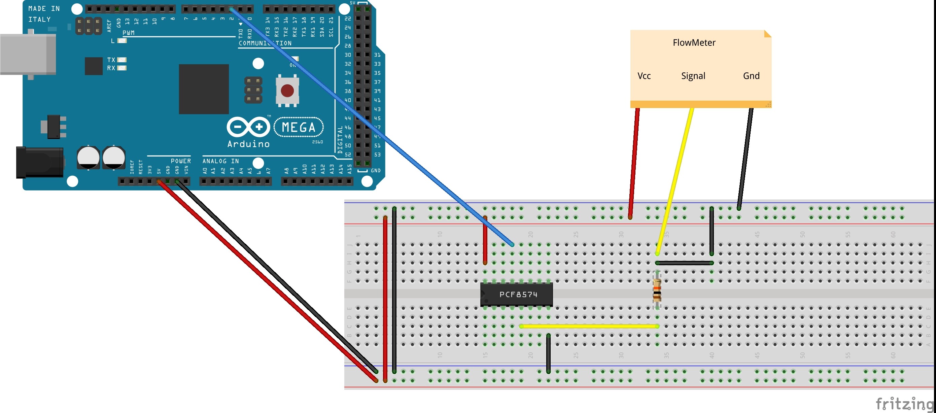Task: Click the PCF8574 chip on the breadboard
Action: click(x=516, y=294)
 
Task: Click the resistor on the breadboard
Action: click(x=657, y=290)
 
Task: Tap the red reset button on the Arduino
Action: click(x=287, y=91)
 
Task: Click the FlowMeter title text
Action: click(x=694, y=43)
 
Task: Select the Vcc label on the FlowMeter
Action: click(x=644, y=76)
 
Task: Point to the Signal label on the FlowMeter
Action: click(x=693, y=76)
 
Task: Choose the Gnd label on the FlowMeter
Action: click(x=751, y=76)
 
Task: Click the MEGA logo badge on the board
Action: click(x=298, y=127)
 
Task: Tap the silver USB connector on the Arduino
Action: click(x=28, y=54)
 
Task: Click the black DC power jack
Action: click(x=39, y=162)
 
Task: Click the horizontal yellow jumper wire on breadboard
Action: click(x=589, y=326)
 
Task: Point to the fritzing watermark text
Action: click(x=904, y=403)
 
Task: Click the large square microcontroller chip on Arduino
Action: click(x=204, y=89)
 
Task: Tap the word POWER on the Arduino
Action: click(x=181, y=161)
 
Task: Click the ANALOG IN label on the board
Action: click(x=220, y=161)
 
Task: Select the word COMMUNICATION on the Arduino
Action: click(x=265, y=43)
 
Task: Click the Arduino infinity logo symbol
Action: click(x=248, y=127)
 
